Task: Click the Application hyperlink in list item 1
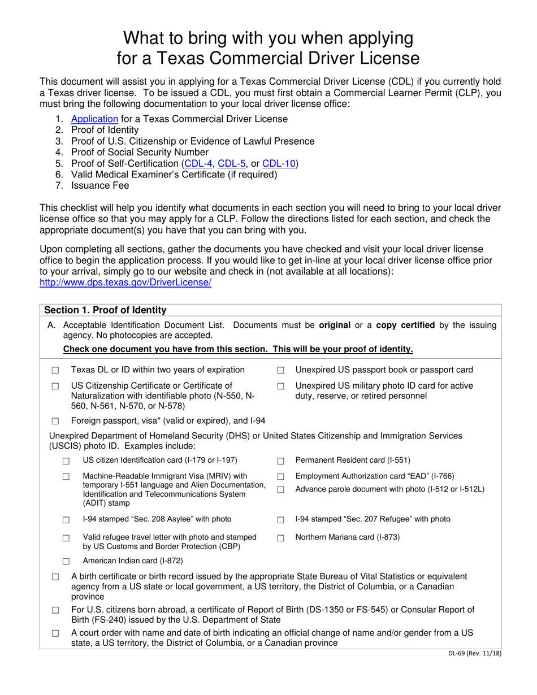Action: click(x=94, y=119)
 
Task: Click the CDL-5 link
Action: click(x=232, y=164)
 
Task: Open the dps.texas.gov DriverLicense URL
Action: click(x=125, y=283)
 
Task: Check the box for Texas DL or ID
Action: click(x=55, y=371)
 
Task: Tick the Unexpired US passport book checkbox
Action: click(x=280, y=371)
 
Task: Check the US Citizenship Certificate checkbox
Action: click(x=55, y=386)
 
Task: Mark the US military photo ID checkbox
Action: click(x=280, y=386)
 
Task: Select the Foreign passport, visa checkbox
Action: click(x=55, y=421)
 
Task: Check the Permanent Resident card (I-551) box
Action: click(x=280, y=461)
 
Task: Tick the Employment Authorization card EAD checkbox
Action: click(x=280, y=477)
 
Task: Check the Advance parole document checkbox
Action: click(x=280, y=490)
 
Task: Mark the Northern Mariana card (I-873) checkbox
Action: click(x=280, y=538)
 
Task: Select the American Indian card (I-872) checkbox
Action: click(x=66, y=562)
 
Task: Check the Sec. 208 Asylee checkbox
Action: click(x=66, y=520)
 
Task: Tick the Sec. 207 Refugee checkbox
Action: click(x=280, y=520)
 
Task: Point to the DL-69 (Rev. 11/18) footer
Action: click(x=473, y=654)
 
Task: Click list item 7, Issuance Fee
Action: click(x=100, y=185)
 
